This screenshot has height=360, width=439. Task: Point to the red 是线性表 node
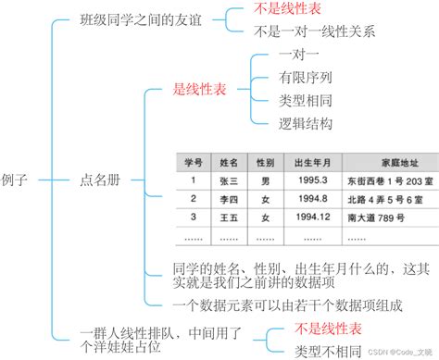point(199,90)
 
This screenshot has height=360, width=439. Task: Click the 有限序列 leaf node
point(307,79)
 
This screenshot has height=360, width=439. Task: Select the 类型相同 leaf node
point(307,100)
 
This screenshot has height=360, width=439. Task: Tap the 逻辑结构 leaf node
point(307,122)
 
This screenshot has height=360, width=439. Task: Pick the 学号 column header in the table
point(193,162)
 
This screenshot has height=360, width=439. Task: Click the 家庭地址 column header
point(387,162)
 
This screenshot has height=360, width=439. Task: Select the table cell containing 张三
point(229,180)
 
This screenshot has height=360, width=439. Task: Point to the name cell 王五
point(229,217)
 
